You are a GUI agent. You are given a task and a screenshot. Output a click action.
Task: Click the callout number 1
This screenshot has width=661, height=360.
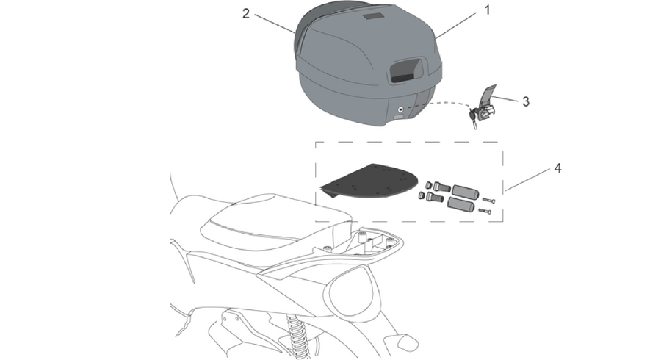click(488, 10)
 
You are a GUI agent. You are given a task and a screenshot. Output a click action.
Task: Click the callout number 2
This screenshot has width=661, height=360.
click(246, 13)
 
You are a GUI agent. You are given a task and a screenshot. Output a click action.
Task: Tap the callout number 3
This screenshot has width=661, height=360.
click(526, 101)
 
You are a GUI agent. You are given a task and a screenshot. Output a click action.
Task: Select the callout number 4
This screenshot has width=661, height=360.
click(557, 169)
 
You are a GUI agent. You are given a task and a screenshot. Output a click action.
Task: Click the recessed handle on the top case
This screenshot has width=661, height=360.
click(407, 70)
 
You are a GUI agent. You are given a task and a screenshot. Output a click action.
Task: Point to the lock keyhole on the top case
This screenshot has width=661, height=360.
click(400, 109)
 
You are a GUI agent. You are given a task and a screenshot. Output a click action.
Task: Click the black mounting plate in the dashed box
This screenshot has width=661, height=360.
click(369, 181)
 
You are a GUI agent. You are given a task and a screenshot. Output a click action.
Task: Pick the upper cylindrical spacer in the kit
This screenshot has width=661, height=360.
click(466, 192)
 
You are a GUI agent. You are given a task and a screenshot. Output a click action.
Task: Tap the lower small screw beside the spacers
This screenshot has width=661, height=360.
click(485, 212)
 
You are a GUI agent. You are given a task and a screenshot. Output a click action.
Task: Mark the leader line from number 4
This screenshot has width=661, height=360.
click(528, 179)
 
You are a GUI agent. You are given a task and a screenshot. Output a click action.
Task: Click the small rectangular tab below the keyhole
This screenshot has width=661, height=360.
click(399, 116)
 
